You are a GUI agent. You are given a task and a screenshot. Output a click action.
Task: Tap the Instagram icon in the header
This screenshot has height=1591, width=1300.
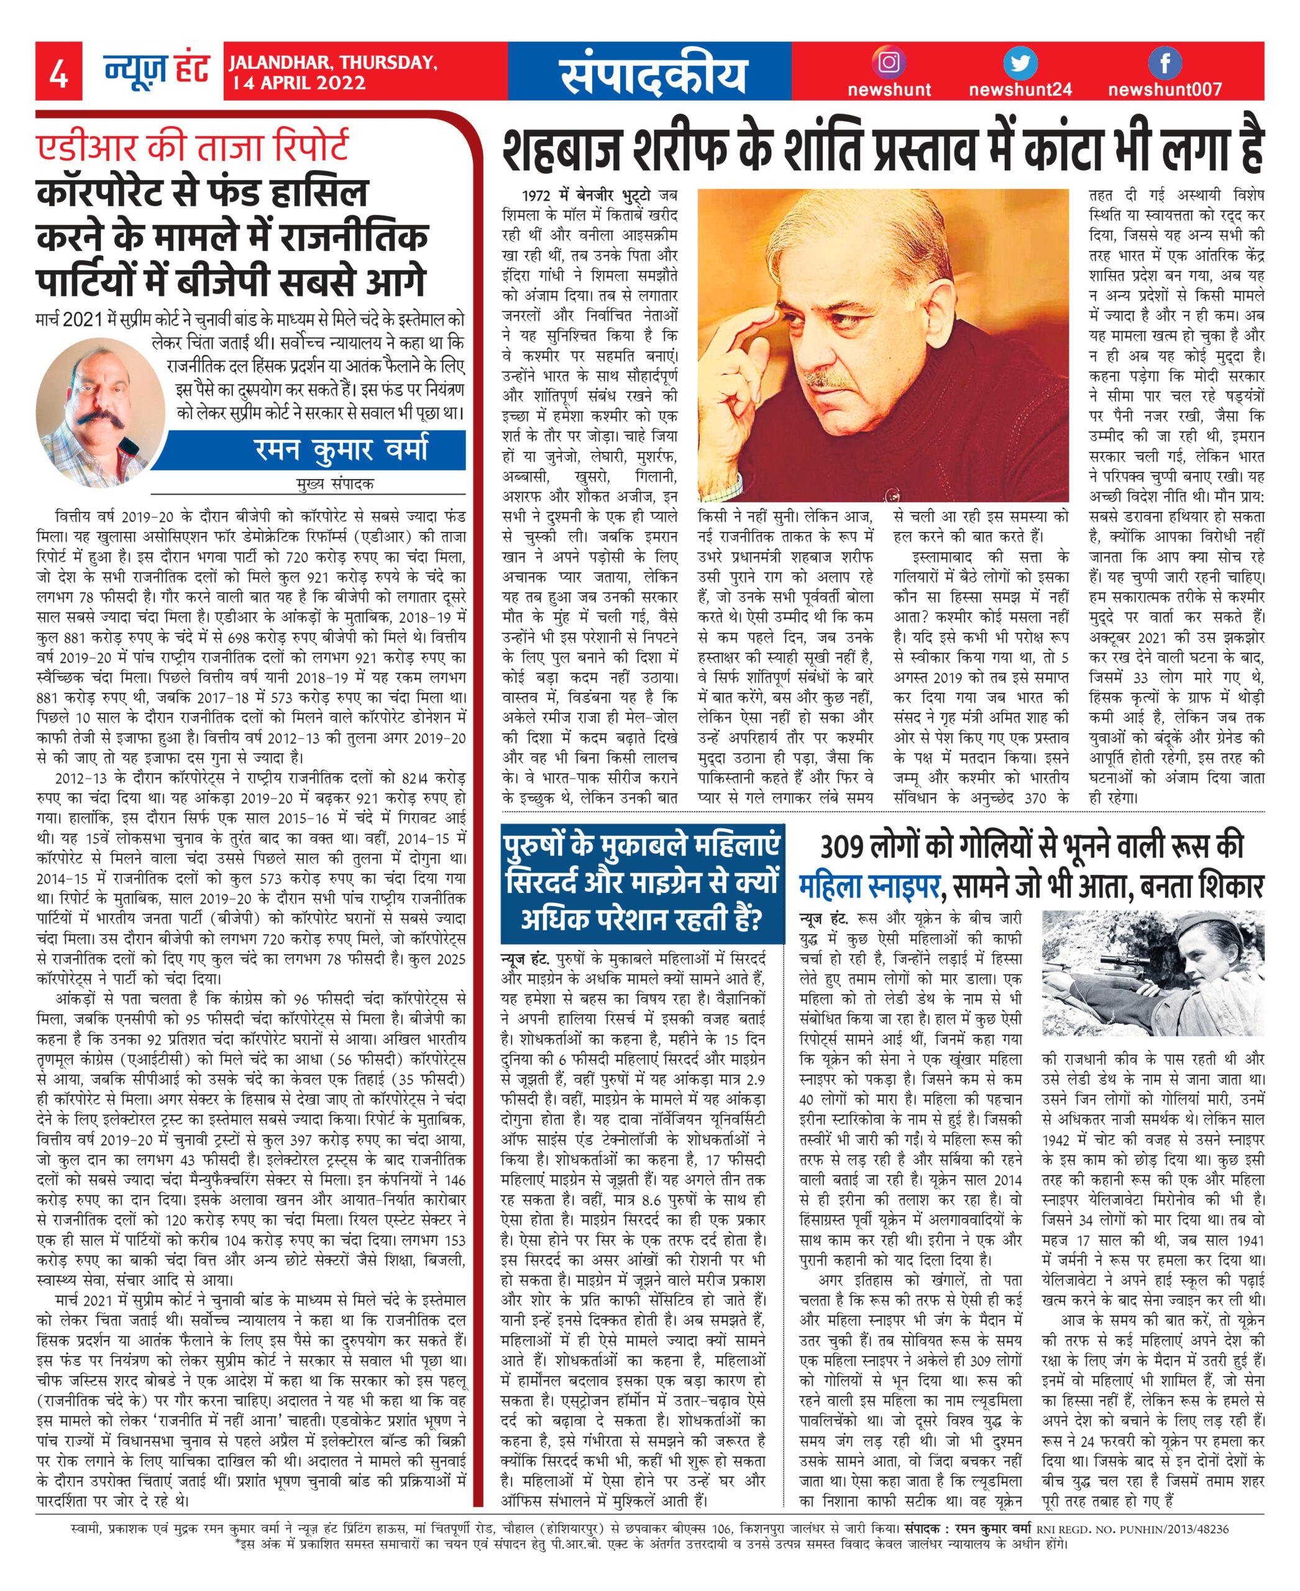pos(888,63)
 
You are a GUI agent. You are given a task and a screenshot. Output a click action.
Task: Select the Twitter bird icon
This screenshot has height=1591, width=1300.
pos(1020,63)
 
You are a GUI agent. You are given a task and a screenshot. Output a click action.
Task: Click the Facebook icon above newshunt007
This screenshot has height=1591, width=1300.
pos(1165,63)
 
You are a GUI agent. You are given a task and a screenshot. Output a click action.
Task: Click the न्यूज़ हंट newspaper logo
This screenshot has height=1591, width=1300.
pos(157,72)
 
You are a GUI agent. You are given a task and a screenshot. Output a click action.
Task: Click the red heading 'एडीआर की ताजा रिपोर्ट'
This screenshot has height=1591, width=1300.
pos(193,145)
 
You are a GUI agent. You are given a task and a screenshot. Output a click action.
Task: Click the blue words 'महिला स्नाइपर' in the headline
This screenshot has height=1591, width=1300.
pos(869,887)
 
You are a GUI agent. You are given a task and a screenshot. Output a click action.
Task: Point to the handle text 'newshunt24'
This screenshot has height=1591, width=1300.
pos(1020,91)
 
